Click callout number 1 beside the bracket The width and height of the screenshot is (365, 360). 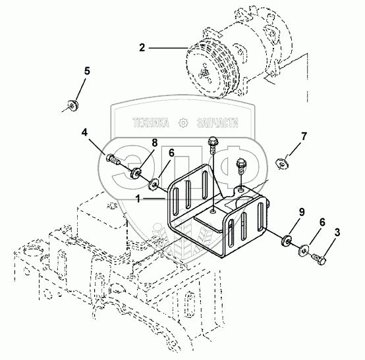click(138, 199)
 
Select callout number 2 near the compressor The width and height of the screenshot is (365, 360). click(142, 47)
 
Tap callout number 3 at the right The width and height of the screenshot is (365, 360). click(337, 232)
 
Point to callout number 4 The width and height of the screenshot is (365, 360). click(84, 132)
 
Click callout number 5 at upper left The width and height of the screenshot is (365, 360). click(87, 71)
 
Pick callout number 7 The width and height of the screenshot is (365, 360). click(304, 136)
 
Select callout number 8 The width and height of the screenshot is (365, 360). click(155, 143)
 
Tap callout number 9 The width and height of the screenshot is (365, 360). click(302, 212)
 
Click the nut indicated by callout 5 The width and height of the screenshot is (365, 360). click(72, 105)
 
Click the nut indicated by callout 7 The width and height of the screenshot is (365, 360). click(282, 163)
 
